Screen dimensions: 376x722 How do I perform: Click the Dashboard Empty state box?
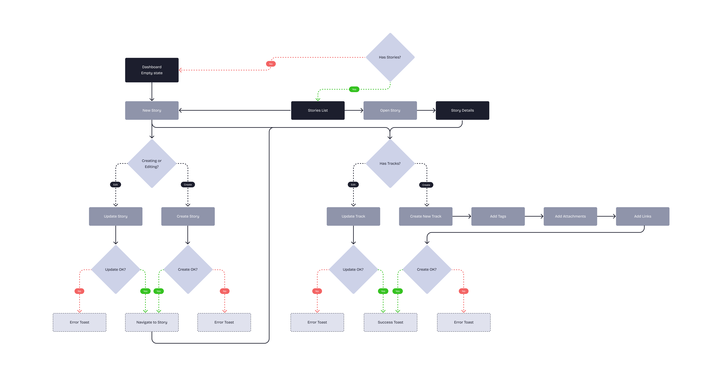(x=152, y=70)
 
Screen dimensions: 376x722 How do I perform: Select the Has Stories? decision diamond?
(x=390, y=57)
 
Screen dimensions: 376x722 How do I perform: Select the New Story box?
(x=152, y=110)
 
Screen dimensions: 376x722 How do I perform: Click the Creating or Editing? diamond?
(x=152, y=164)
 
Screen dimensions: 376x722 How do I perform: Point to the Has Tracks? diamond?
(x=390, y=164)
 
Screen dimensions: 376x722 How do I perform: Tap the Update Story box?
(x=115, y=216)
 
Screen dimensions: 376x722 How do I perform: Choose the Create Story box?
(x=188, y=216)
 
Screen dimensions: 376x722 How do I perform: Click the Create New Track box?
(x=425, y=216)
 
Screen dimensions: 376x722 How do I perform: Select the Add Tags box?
(x=498, y=216)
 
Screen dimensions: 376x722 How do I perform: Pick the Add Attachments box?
(x=570, y=216)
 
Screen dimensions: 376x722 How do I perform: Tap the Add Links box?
(x=642, y=216)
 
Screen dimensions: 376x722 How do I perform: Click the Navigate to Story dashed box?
(x=152, y=322)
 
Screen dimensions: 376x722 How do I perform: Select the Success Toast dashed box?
(x=390, y=322)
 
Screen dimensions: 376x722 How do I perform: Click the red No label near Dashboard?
(x=271, y=64)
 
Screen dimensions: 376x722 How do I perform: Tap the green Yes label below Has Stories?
(x=354, y=89)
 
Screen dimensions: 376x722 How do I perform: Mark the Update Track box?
(x=353, y=216)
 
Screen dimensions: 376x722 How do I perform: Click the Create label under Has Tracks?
(x=426, y=185)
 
